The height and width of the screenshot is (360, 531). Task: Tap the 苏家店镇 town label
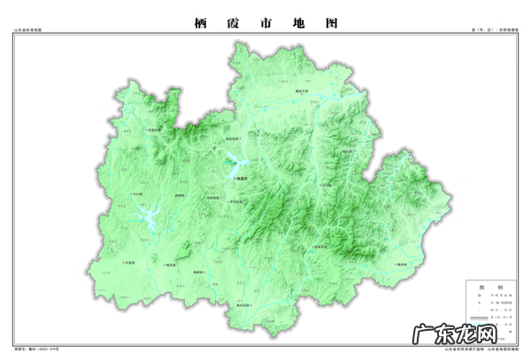click(x=156, y=131)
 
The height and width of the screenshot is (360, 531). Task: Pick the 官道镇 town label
click(x=128, y=262)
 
